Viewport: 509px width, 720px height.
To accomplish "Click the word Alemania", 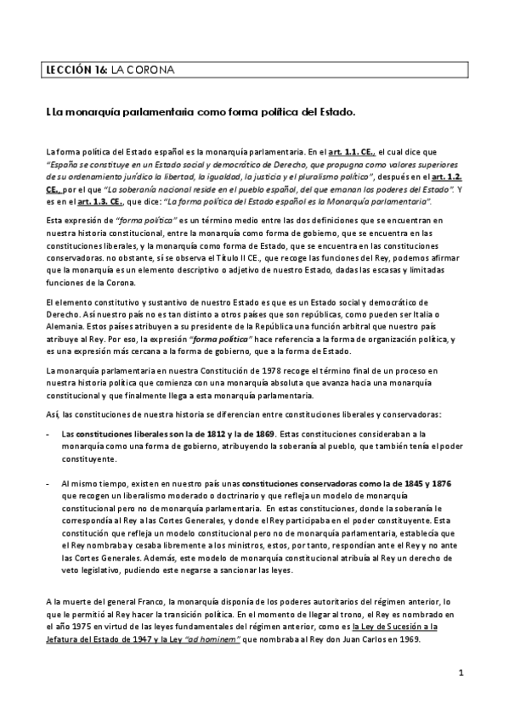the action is [x=69, y=325].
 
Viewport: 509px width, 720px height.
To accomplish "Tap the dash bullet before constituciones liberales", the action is [x=48, y=434].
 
